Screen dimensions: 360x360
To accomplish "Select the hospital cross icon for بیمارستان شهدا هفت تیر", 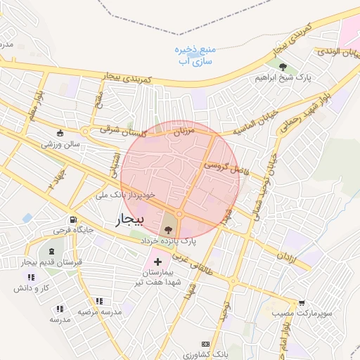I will tap(157, 262).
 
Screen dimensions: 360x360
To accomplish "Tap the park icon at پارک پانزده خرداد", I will tap(168, 229).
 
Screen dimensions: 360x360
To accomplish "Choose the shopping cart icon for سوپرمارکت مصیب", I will tap(302, 303).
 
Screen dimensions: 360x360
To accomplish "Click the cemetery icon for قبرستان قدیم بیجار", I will tap(51, 251).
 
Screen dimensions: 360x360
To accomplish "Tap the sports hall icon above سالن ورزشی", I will tap(59, 134).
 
